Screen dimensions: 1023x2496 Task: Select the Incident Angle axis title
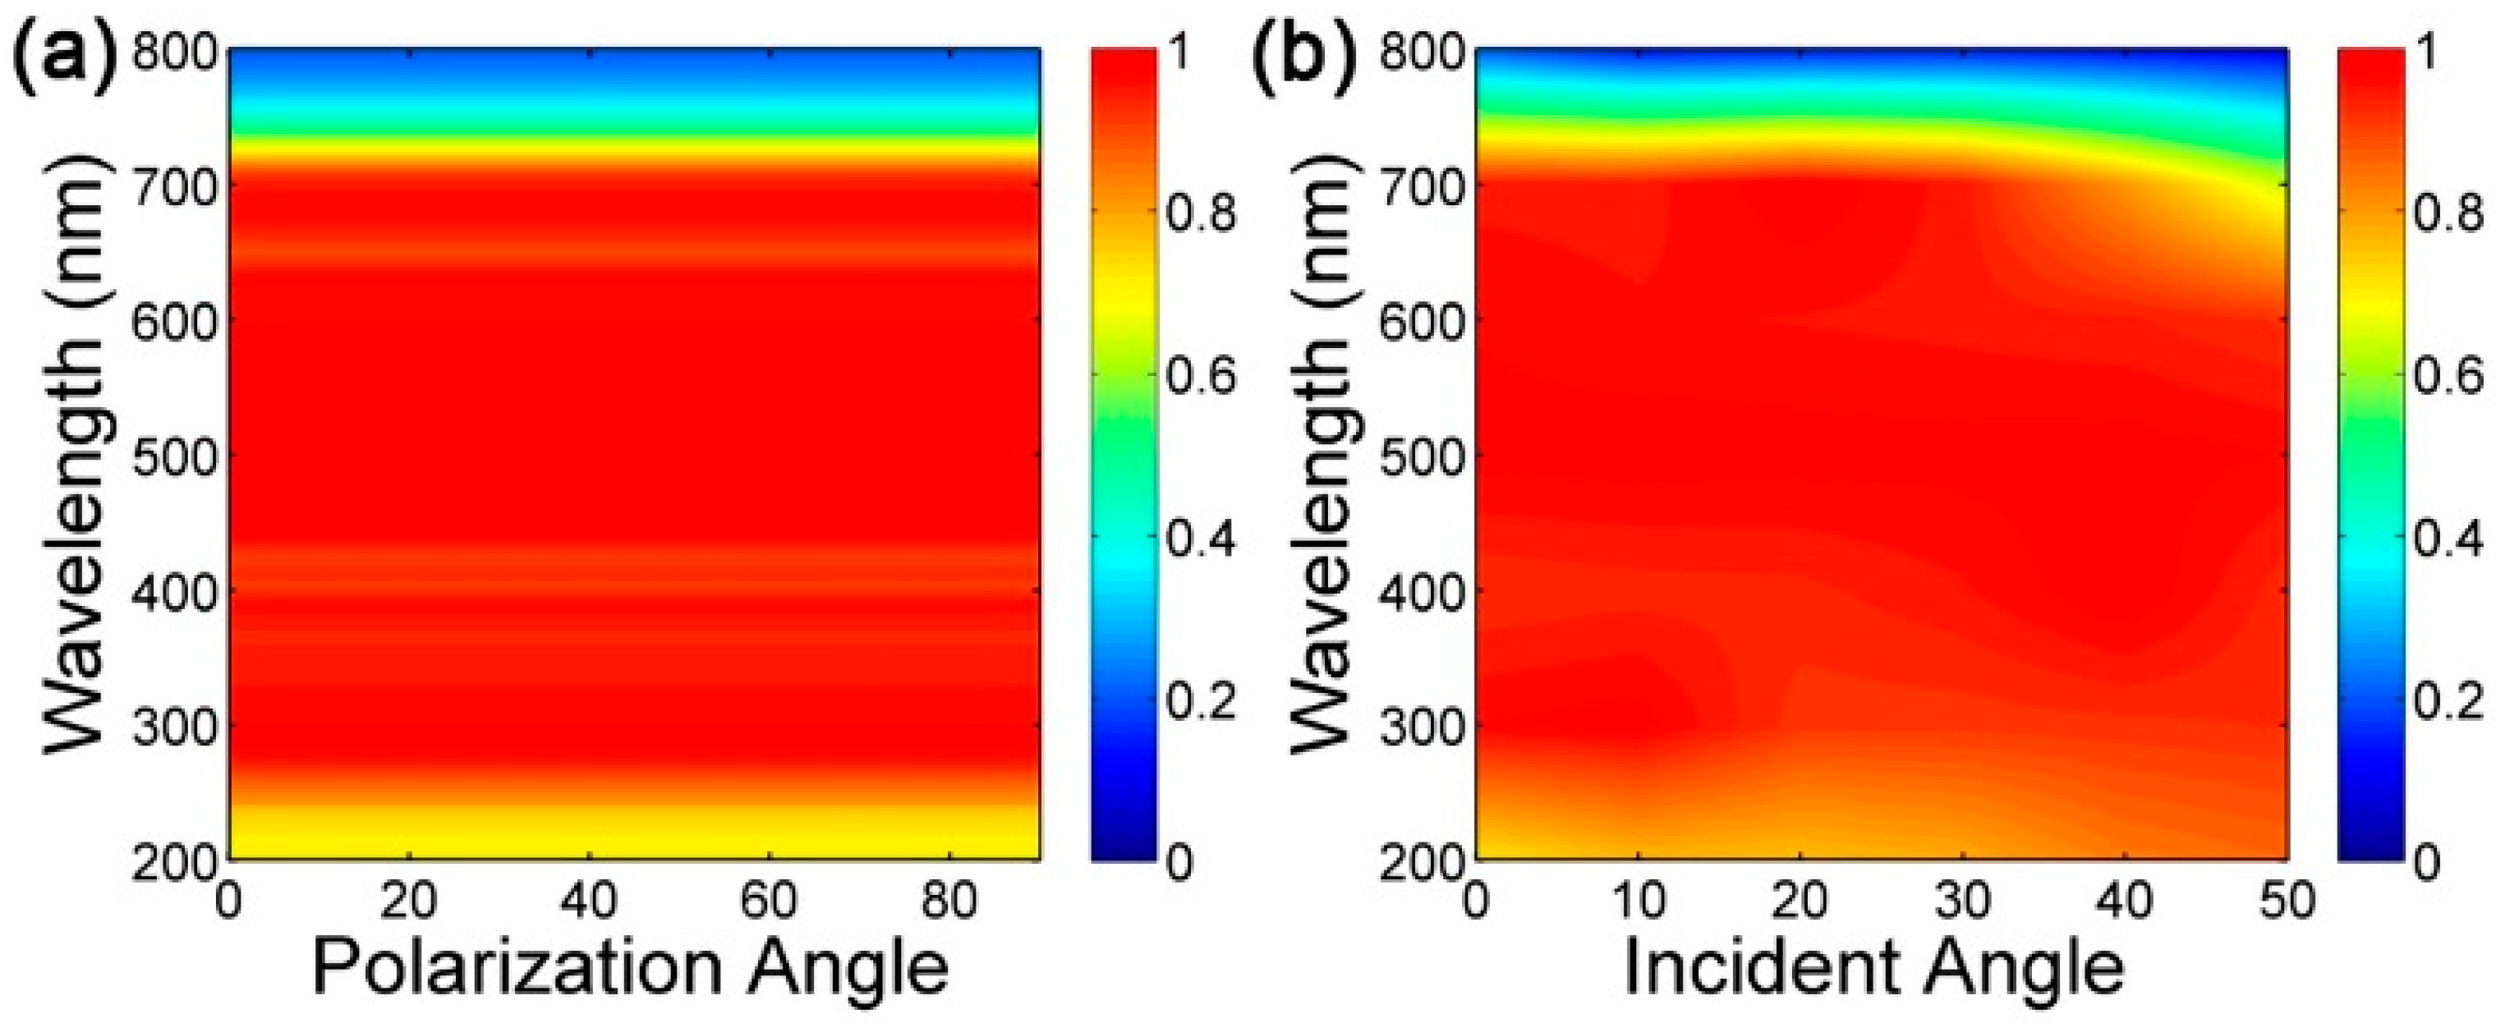click(x=1874, y=968)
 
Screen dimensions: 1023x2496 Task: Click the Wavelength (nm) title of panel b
click(x=1320, y=456)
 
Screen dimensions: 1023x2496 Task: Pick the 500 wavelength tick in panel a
click(x=174, y=456)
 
